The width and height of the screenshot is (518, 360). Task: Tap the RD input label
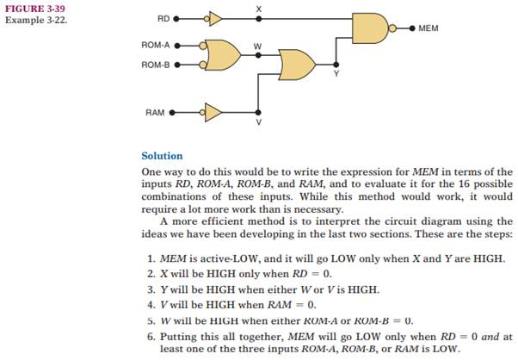point(163,17)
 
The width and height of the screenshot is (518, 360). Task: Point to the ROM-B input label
point(156,64)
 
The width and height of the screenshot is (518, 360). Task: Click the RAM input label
point(154,112)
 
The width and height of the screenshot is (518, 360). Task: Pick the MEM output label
point(429,28)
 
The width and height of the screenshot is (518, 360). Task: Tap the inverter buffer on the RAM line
point(212,112)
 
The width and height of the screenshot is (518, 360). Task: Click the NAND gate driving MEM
point(371,28)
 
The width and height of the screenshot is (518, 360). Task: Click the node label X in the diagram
point(259,8)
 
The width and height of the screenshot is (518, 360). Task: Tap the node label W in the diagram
point(256,46)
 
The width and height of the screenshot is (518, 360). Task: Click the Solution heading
point(162,156)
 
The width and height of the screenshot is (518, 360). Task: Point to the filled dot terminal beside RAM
point(172,112)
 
